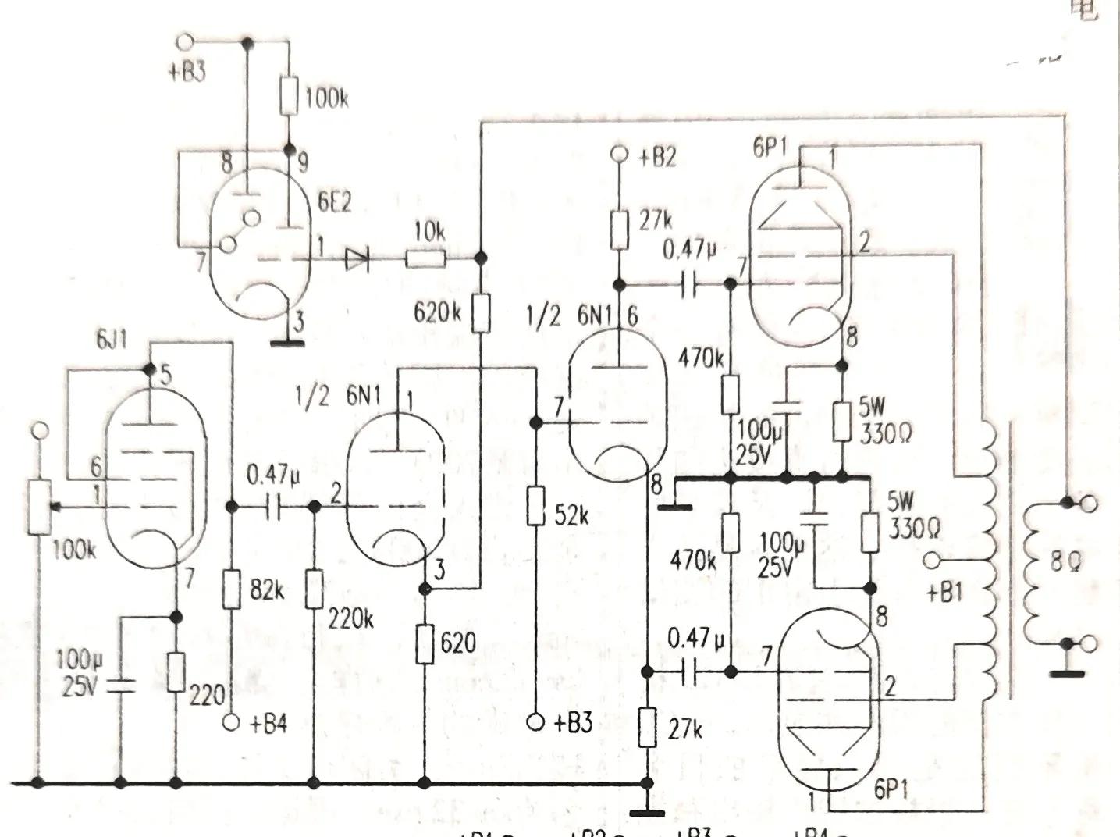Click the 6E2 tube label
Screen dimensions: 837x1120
point(334,202)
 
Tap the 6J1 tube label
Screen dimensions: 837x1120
point(112,340)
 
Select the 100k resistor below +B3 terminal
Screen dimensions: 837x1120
point(289,96)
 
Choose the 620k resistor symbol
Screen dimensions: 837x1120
point(480,312)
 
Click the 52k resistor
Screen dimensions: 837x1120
point(535,506)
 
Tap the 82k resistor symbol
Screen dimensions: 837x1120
point(231,589)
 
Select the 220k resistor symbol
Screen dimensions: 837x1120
point(314,589)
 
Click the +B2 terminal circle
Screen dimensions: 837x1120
point(619,155)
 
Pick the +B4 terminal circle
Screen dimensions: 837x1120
point(231,723)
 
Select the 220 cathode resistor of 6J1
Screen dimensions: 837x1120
point(176,673)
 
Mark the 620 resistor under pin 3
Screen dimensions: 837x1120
point(425,644)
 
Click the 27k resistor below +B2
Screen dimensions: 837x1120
point(619,230)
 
